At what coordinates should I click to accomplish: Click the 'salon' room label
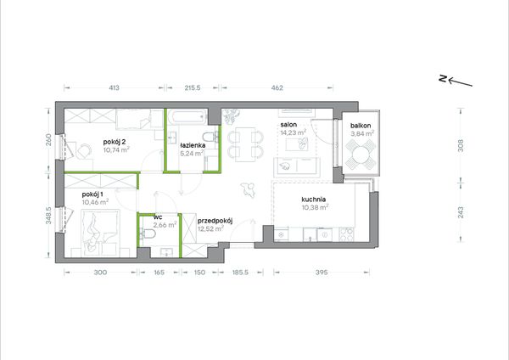(x=288, y=125)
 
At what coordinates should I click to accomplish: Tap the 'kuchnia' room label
(x=314, y=200)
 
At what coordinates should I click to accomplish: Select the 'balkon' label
(x=361, y=126)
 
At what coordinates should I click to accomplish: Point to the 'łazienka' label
(x=193, y=145)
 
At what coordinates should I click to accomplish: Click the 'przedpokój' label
(x=215, y=222)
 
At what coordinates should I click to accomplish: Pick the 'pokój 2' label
(x=115, y=142)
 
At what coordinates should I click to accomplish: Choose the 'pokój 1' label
(x=92, y=194)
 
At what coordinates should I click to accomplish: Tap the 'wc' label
(x=158, y=217)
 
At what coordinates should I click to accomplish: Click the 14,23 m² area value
(x=294, y=132)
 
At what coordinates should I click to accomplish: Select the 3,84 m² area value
(x=362, y=133)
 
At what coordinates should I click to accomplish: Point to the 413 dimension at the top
(x=114, y=87)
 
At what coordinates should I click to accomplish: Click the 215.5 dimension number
(x=193, y=87)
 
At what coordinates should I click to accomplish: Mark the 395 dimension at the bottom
(x=322, y=273)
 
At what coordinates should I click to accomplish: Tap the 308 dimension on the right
(x=461, y=145)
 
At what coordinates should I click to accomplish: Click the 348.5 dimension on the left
(x=48, y=216)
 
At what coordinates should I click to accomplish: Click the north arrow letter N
(x=442, y=78)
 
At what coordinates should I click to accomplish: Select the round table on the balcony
(x=361, y=155)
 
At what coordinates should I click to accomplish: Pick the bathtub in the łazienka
(x=187, y=117)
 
